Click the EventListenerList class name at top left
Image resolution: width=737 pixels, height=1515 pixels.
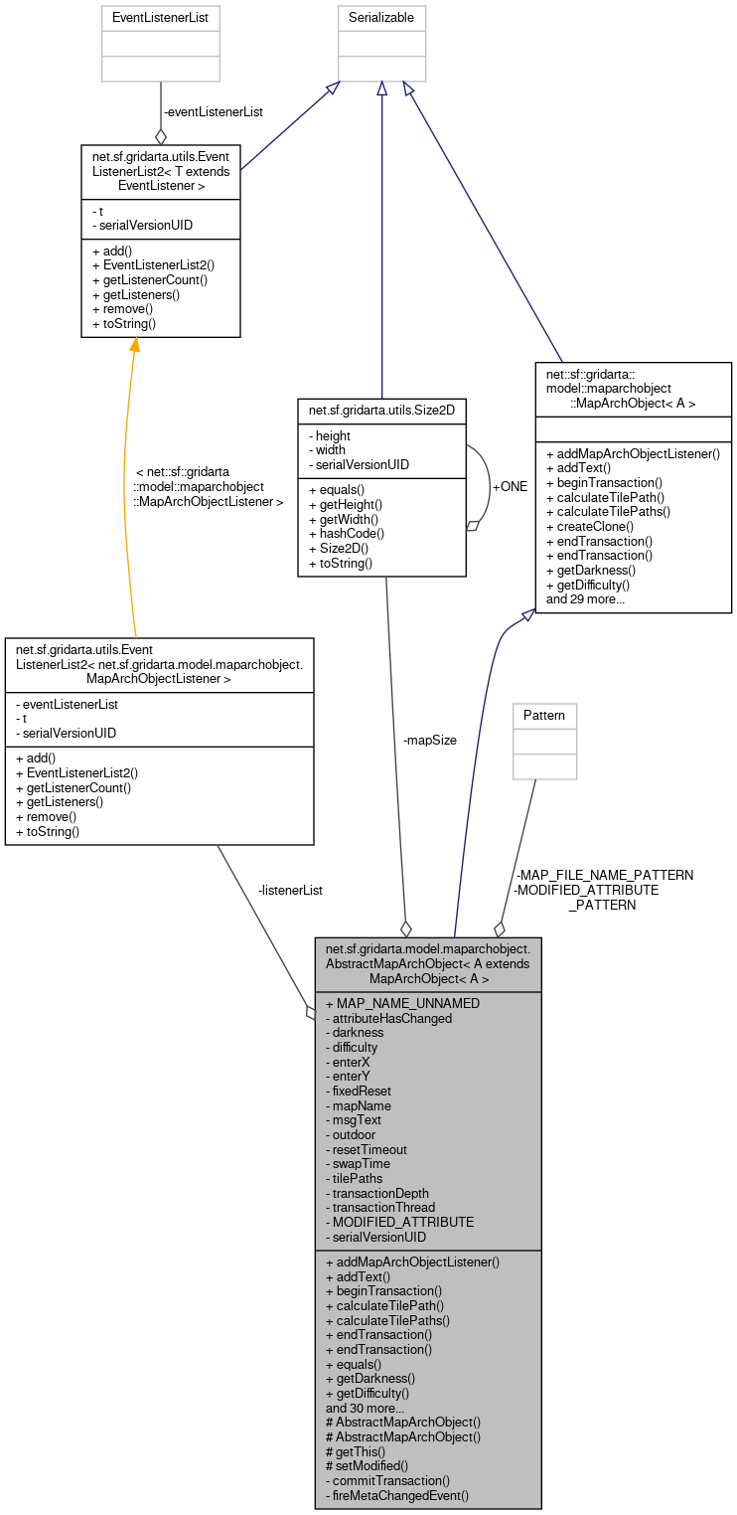161,17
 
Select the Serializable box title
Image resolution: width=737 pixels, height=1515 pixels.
382,17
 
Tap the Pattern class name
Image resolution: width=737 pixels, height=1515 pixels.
544,715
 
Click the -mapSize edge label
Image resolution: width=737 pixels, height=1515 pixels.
429,740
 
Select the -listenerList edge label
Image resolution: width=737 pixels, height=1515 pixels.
289,890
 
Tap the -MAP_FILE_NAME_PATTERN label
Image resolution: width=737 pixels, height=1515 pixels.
604,875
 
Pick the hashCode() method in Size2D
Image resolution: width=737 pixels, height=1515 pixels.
345,534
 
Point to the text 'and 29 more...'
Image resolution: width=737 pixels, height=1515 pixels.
585,598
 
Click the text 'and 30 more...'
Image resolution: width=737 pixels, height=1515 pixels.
365,1408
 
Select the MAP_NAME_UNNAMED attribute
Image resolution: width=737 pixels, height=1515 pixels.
402,1003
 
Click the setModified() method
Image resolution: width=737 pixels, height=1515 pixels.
367,1465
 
